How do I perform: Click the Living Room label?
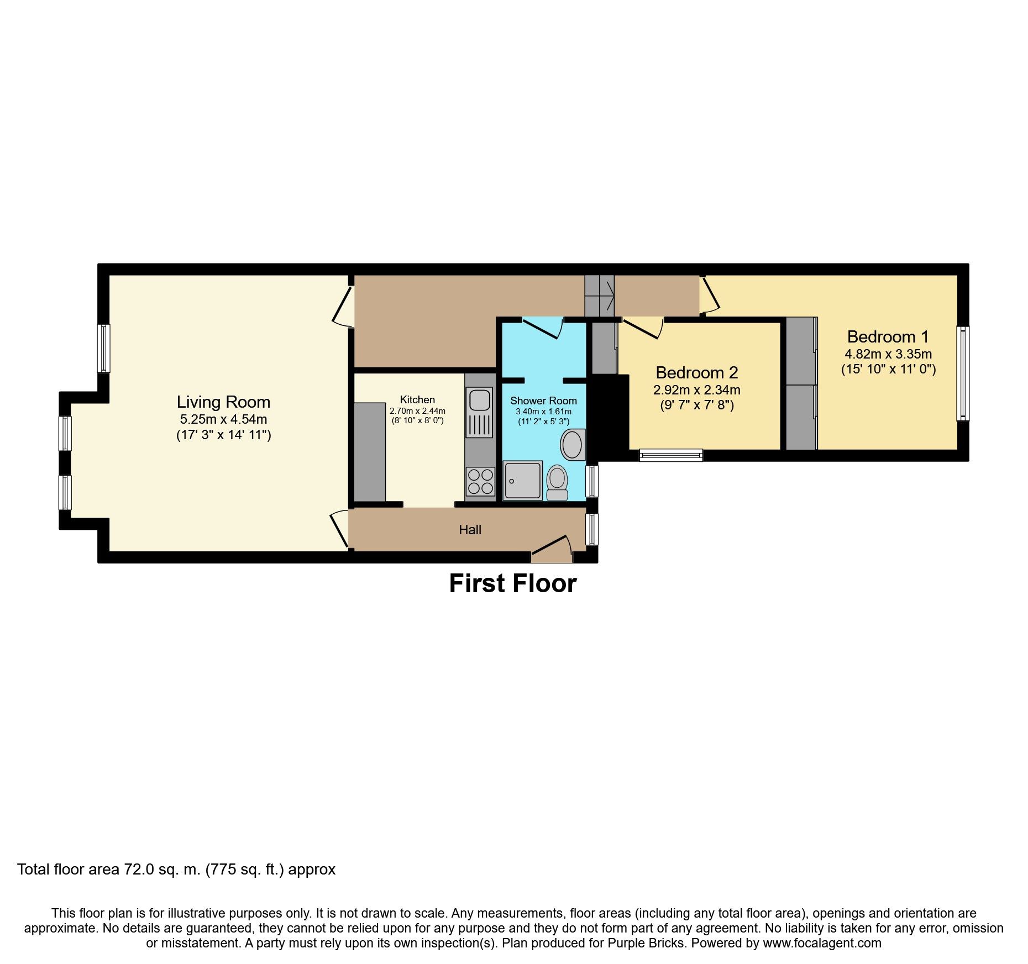pos(223,402)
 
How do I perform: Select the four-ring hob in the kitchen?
pos(480,481)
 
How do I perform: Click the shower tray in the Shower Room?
pos(522,480)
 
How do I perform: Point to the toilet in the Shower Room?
pos(557,482)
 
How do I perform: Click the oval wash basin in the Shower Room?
pos(573,445)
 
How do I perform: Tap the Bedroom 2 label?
pos(696,372)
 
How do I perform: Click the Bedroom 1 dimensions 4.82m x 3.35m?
pos(888,354)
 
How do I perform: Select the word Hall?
pos(470,530)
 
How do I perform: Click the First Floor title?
pos(512,583)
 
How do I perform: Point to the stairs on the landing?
pos(599,296)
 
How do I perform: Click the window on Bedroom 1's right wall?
pos(963,373)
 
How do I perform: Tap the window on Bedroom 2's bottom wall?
pos(671,455)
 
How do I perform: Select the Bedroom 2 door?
pos(644,328)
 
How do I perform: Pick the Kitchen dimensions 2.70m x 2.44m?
pos(417,411)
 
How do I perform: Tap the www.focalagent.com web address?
pos(822,943)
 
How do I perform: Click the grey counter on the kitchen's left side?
pos(369,452)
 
